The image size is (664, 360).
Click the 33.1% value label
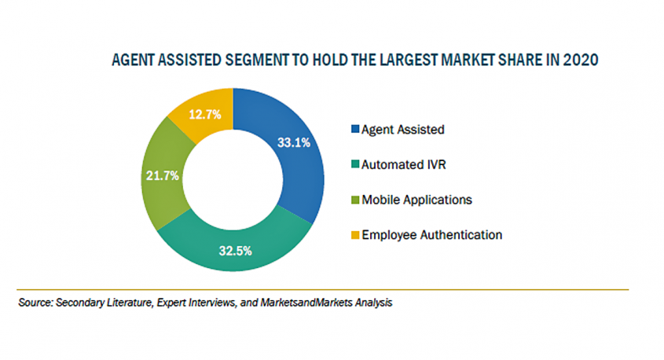point(293,142)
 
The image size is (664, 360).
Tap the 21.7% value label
point(163,175)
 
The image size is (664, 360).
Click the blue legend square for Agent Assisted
point(355,129)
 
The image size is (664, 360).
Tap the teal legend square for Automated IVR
point(355,164)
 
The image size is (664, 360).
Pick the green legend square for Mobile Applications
point(355,200)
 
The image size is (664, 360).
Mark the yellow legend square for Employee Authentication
point(355,235)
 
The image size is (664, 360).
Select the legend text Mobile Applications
point(416,200)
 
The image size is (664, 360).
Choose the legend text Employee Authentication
point(431,235)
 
